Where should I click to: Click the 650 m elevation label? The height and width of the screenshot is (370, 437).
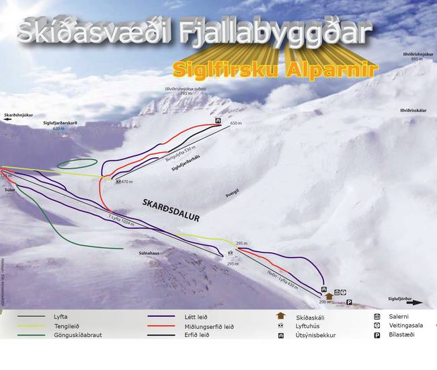[235, 124]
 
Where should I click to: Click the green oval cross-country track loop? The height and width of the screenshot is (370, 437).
[77, 163]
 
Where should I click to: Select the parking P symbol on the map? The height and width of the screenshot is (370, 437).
[349, 303]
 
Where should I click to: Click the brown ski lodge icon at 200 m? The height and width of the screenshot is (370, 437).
[329, 295]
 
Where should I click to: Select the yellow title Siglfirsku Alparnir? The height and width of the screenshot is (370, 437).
[275, 69]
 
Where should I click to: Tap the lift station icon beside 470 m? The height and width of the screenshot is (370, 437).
[118, 182]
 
